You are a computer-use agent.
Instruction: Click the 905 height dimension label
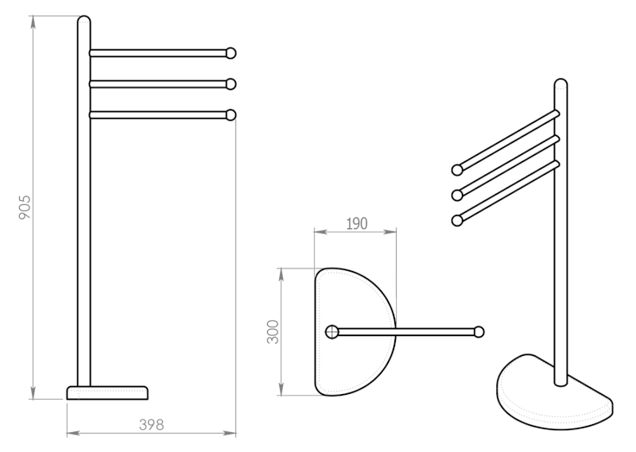(x=25, y=207)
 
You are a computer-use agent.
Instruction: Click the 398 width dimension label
(x=151, y=425)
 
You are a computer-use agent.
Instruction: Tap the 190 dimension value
(x=357, y=224)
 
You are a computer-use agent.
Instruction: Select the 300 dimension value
(x=273, y=331)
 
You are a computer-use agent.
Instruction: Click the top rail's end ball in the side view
(x=231, y=53)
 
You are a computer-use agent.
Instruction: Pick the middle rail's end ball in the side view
(x=231, y=84)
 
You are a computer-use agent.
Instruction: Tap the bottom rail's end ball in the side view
(x=231, y=115)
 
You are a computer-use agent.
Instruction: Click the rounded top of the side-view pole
(x=84, y=21)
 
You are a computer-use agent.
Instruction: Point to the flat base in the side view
(x=107, y=392)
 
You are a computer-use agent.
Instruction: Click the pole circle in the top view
(x=332, y=332)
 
